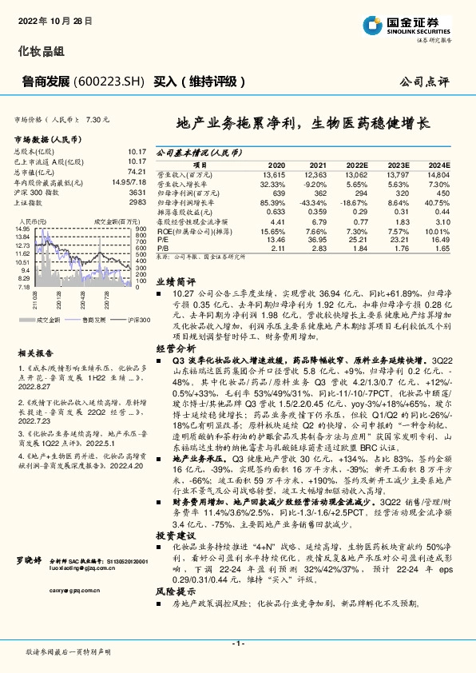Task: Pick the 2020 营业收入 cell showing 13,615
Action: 273,174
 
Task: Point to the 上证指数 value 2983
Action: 137,203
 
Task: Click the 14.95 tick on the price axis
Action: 22,229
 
